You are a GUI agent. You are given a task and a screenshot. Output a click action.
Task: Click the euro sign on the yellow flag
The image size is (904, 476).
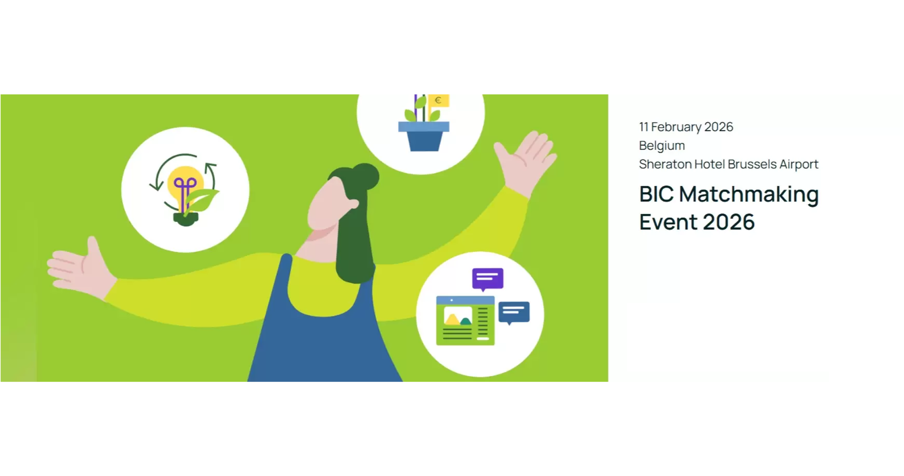[438, 100]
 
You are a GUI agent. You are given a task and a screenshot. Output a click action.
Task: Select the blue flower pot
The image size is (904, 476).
[424, 136]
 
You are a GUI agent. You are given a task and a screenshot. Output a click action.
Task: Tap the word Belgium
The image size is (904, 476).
[662, 146]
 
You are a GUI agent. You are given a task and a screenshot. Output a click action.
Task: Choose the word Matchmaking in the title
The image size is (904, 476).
[749, 194]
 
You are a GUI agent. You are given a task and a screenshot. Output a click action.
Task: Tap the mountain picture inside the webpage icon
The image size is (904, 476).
[458, 316]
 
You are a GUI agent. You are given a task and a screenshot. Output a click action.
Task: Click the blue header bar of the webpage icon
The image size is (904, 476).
[465, 300]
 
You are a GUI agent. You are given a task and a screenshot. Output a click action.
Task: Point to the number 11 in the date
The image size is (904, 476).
[643, 127]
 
